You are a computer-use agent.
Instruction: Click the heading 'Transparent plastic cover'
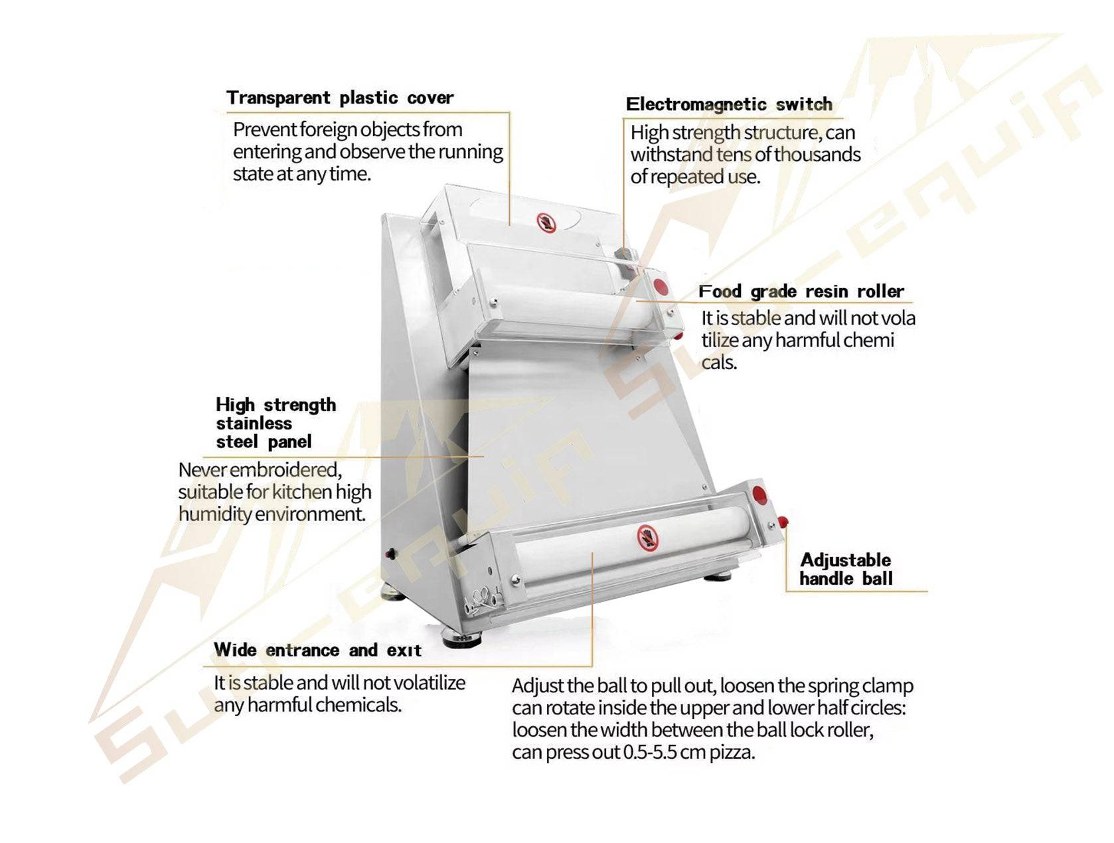click(339, 98)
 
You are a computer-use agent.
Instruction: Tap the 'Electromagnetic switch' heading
click(729, 104)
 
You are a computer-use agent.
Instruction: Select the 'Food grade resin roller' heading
click(801, 291)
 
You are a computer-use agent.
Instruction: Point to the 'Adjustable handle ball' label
click(846, 569)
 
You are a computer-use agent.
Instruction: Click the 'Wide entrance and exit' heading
click(318, 650)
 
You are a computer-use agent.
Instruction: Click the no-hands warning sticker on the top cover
click(546, 222)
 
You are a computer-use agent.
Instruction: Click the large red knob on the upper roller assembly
click(661, 286)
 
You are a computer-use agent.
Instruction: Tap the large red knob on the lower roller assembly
click(759, 495)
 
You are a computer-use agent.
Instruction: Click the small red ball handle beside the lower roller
click(783, 521)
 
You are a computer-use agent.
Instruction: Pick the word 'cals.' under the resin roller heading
click(718, 362)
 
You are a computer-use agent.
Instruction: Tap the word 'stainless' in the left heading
click(254, 423)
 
